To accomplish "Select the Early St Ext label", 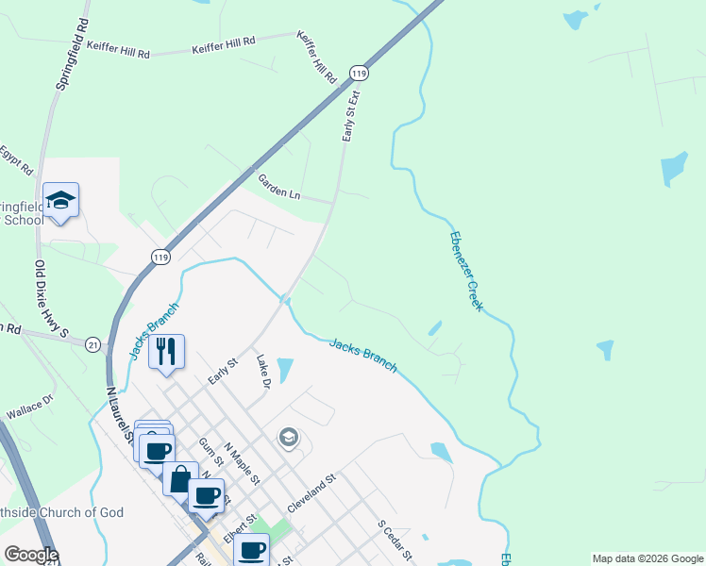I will click(350, 116).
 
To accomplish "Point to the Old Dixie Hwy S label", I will click(52, 299).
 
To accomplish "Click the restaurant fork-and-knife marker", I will click(166, 352).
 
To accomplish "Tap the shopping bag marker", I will click(180, 477).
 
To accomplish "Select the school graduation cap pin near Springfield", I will click(60, 200).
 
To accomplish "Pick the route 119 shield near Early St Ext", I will click(358, 73).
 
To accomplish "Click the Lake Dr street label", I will click(264, 372).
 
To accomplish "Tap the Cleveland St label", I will click(311, 494).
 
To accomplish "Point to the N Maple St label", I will click(243, 464).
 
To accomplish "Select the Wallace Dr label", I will click(29, 411).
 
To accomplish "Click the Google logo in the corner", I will click(31, 555).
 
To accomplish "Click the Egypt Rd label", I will click(16, 161).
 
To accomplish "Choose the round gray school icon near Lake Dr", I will click(288, 437).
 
